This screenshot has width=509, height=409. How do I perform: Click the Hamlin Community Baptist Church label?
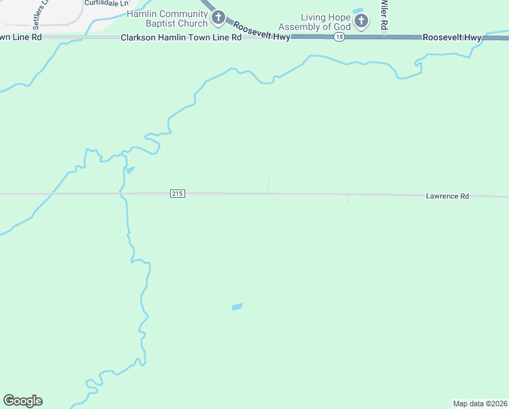165,18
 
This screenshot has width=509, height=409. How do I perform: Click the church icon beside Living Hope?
362,21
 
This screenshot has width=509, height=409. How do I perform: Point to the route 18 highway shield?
338,37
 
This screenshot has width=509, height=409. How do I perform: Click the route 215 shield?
177,194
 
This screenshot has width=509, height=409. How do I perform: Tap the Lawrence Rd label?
447,196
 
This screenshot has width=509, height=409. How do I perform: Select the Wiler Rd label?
384,14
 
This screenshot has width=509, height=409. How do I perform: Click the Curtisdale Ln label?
106,3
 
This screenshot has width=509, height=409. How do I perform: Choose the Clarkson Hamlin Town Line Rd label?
181,37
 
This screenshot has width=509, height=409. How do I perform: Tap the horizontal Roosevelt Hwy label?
452,37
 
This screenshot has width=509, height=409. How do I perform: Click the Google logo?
22,401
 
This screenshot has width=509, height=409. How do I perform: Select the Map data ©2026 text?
480,403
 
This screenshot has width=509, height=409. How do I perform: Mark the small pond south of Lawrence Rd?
237,307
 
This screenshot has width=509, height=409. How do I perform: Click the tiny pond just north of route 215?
130,170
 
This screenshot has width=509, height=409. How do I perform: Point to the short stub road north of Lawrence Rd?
269,184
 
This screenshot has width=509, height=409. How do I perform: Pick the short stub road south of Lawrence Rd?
348,200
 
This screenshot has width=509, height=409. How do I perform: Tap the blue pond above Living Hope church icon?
359,10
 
